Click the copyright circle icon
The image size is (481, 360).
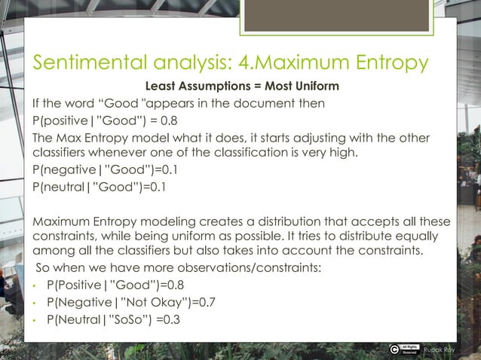click(x=395, y=348)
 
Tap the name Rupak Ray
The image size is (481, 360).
click(x=439, y=349)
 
